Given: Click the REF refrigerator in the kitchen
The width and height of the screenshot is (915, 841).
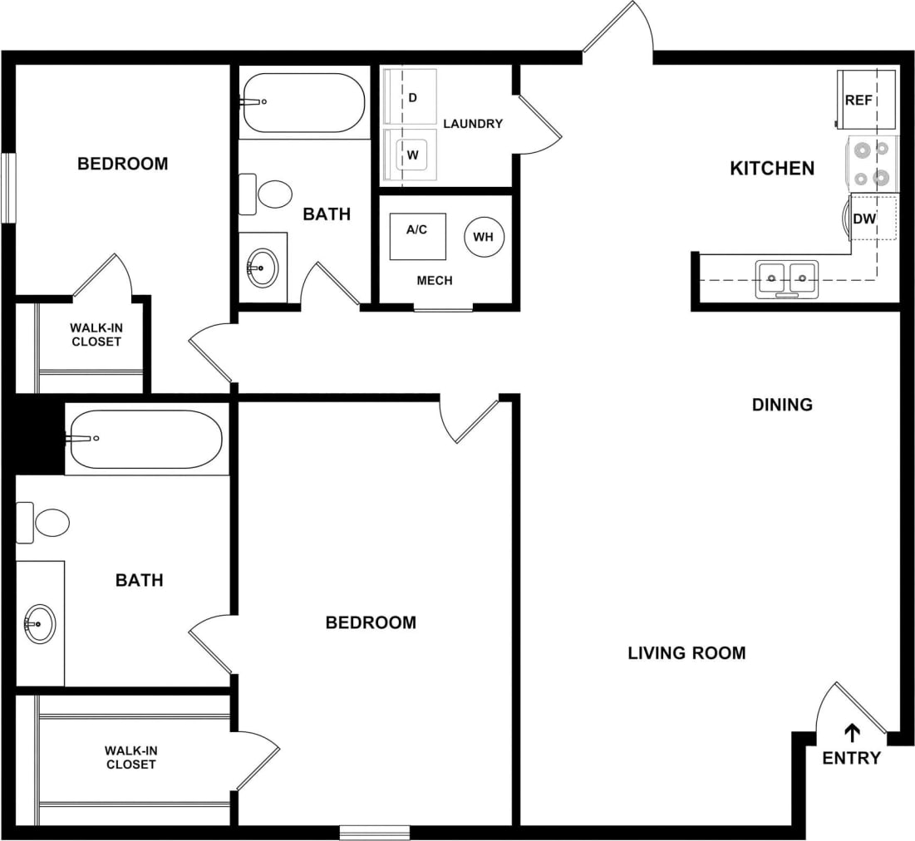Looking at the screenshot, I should coord(868,100).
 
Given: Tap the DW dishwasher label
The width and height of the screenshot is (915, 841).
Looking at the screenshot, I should coord(864,219).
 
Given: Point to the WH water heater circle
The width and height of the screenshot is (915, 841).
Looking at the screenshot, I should coord(484,237).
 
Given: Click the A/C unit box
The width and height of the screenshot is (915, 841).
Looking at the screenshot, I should coord(417,235).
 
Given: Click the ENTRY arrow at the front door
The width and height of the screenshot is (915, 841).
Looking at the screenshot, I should coord(852,732).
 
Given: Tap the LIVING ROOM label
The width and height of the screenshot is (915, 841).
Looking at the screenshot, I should coord(686,653).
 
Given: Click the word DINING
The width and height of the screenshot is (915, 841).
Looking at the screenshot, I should coord(782,405).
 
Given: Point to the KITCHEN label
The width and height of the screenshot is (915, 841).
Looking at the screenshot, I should coord(772,169).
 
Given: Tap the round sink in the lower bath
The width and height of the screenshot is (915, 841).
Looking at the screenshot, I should coord(39,622).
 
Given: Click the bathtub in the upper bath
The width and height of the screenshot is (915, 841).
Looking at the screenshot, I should coord(303,103).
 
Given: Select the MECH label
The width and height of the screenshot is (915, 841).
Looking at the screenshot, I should coord(435,281).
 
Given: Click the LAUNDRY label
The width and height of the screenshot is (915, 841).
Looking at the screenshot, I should coord(473,124).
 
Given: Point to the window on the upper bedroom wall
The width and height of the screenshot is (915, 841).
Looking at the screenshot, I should coord(8,188).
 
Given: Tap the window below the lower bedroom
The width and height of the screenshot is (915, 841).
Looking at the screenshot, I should coord(375,832).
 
